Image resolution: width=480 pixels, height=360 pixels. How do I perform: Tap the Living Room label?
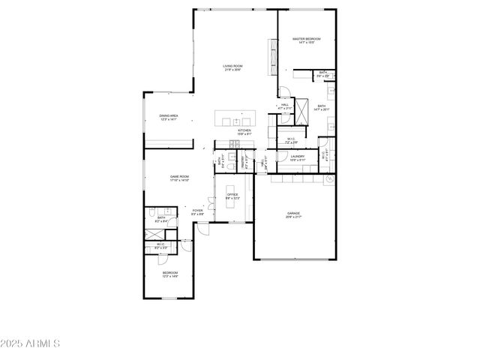[x=232, y=67]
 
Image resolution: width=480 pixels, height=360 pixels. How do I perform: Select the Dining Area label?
[x=169, y=116]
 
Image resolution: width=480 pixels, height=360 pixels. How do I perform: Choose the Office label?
[x=232, y=195]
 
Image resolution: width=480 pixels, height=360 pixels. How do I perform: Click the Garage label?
[x=293, y=214]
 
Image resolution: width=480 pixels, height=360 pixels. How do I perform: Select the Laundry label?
[x=297, y=157]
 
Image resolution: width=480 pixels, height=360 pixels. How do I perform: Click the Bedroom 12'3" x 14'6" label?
[x=170, y=274]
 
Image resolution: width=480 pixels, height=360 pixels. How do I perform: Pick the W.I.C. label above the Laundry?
[x=292, y=139]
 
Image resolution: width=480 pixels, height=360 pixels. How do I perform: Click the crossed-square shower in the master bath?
[x=302, y=110]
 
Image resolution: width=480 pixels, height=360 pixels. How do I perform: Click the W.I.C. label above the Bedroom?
[x=160, y=245]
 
